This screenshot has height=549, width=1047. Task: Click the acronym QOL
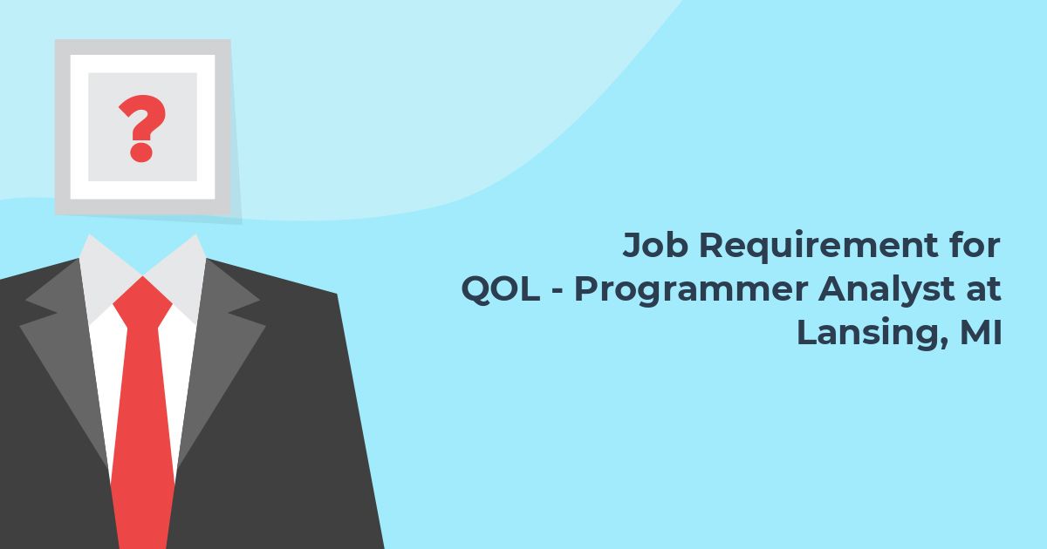[x=500, y=289]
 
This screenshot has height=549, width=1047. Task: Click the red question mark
[x=142, y=128]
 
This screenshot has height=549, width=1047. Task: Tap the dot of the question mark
[x=141, y=152]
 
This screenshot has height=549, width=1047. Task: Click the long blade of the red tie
[x=143, y=434]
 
